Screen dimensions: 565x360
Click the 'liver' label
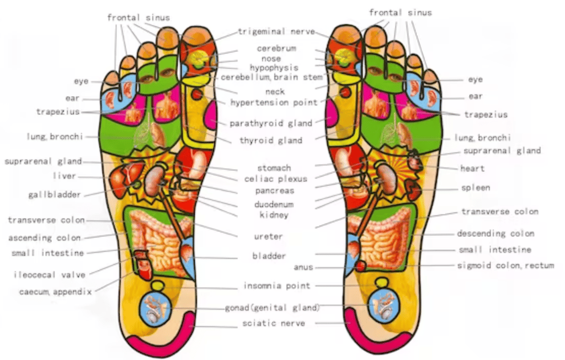click(x=65, y=176)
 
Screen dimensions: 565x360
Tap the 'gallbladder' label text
click(x=55, y=195)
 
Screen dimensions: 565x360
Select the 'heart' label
click(x=472, y=168)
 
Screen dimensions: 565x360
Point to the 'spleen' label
click(x=476, y=188)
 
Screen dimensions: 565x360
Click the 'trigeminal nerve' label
click(x=277, y=31)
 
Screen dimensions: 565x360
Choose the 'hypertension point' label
click(x=274, y=103)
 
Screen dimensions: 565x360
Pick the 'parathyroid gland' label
click(x=271, y=123)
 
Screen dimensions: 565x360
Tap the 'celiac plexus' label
click(x=276, y=179)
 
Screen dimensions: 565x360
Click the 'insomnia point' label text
click(x=277, y=285)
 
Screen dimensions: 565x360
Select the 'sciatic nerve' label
click(x=274, y=323)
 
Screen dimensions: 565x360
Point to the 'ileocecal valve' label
click(x=49, y=275)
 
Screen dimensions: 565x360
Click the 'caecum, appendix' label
click(x=56, y=292)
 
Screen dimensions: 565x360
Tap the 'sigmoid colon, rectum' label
click(x=505, y=266)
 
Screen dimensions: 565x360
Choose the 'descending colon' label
click(x=495, y=234)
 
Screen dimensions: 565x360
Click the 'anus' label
click(x=303, y=267)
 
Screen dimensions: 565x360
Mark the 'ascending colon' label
click(x=44, y=238)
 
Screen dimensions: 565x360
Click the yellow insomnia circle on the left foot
click(x=157, y=286)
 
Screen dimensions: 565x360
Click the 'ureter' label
click(x=268, y=237)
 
